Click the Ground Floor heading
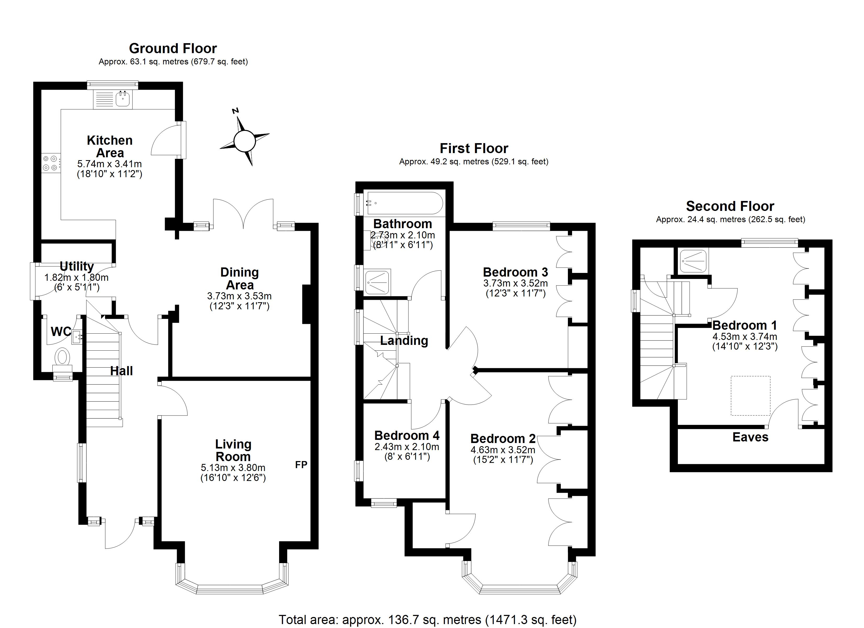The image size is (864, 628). tap(173, 48)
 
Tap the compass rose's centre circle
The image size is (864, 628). tap(244, 141)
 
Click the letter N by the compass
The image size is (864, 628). tap(235, 111)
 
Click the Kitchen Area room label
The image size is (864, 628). tap(110, 147)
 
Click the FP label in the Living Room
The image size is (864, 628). tap(301, 465)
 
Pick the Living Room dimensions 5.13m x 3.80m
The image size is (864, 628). tap(233, 468)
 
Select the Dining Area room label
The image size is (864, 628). tap(240, 278)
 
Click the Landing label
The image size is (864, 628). tap(404, 340)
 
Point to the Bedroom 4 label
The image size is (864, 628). tap(407, 435)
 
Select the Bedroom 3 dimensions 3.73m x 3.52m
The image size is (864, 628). tap(516, 283)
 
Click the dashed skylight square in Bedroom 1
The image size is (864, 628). tap(750, 396)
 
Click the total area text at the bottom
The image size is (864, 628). tap(428, 620)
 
